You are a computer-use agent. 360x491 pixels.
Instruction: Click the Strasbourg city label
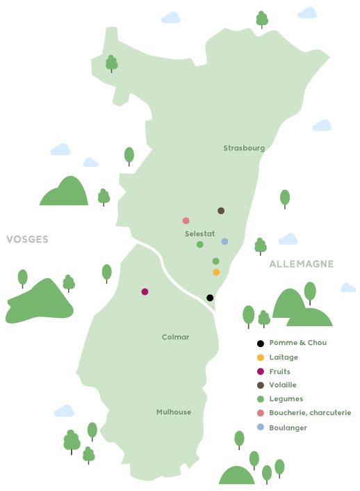[x=244, y=148]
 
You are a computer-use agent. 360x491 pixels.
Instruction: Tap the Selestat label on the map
[x=199, y=234]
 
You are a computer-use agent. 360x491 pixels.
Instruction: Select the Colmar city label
[x=175, y=337]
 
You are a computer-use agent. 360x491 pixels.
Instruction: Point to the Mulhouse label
[x=174, y=412]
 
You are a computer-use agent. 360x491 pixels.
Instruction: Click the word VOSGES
[x=27, y=239]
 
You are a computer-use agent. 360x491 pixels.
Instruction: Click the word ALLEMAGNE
[x=301, y=264]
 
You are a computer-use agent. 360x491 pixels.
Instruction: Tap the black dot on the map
[x=210, y=298]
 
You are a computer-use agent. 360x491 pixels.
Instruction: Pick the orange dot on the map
[x=216, y=272]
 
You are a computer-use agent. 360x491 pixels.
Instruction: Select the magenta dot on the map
[x=145, y=291]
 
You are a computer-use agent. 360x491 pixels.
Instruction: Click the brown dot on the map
[x=221, y=211]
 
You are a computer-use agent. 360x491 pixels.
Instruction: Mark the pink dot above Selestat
[x=186, y=220]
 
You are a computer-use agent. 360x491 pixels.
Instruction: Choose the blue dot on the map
[x=224, y=241]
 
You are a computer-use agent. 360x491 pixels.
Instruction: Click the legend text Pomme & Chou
[x=297, y=343]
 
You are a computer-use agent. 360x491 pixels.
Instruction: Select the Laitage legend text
[x=284, y=357]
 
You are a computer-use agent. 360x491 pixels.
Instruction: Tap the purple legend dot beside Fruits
[x=261, y=371]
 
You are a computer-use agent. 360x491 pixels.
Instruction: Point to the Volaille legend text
[x=283, y=385]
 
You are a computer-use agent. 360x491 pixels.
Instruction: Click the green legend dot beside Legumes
[x=261, y=399]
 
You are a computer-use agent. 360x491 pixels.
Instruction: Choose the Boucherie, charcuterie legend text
[x=310, y=412]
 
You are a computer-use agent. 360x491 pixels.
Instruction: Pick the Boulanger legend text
[x=288, y=428]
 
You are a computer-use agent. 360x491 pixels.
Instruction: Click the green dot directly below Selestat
[x=199, y=244]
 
